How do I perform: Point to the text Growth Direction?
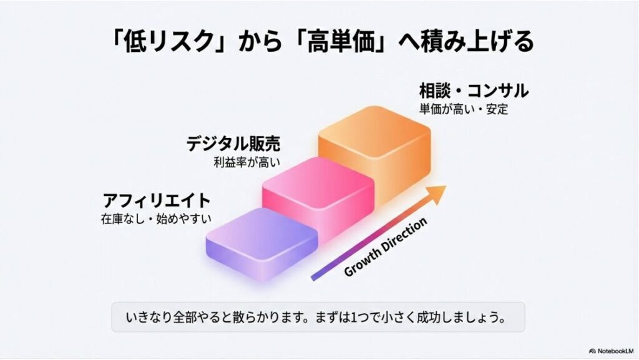coord(386,246)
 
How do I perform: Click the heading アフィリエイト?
coord(157,201)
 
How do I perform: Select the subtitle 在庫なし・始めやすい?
coord(156,219)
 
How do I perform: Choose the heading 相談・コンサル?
coord(474,91)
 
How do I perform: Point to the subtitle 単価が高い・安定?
coord(464,109)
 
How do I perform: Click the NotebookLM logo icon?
coord(592,350)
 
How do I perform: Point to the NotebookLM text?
coord(617,350)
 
